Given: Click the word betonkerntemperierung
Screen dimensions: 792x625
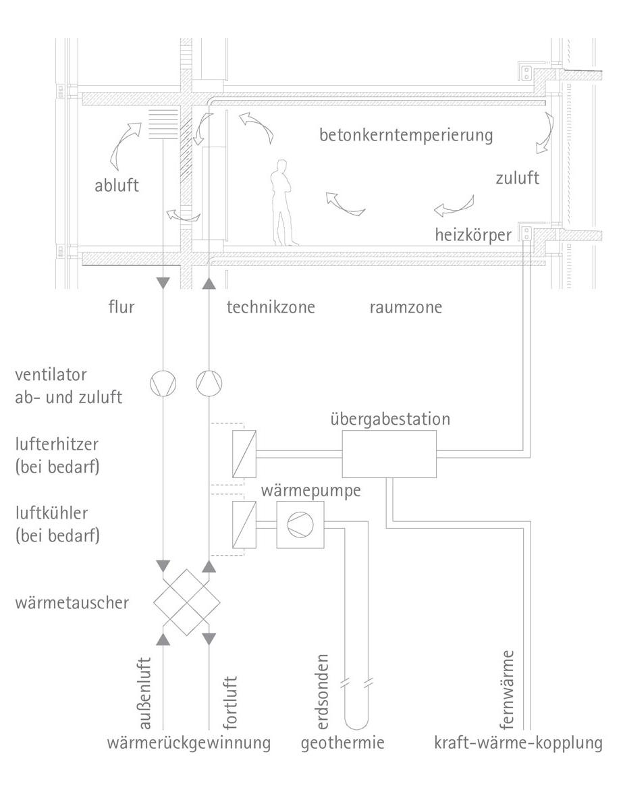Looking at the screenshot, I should click(406, 135).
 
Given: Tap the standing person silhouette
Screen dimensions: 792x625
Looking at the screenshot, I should click(283, 203).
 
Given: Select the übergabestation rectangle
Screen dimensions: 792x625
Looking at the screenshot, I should click(389, 454).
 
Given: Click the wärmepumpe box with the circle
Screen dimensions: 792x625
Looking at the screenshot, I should click(300, 523).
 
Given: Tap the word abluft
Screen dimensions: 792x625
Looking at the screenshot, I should click(116, 185).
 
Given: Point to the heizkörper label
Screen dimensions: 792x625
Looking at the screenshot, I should click(472, 235).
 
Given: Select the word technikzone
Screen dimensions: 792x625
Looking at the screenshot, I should click(271, 308).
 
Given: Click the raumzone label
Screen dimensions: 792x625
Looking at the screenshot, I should click(406, 308).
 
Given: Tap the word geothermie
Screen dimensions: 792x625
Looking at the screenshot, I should click(342, 744).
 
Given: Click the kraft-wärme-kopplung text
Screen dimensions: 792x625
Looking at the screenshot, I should click(518, 744).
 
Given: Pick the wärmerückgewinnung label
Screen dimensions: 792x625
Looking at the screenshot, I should click(189, 744).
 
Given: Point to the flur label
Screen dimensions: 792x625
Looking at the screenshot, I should click(121, 308).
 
